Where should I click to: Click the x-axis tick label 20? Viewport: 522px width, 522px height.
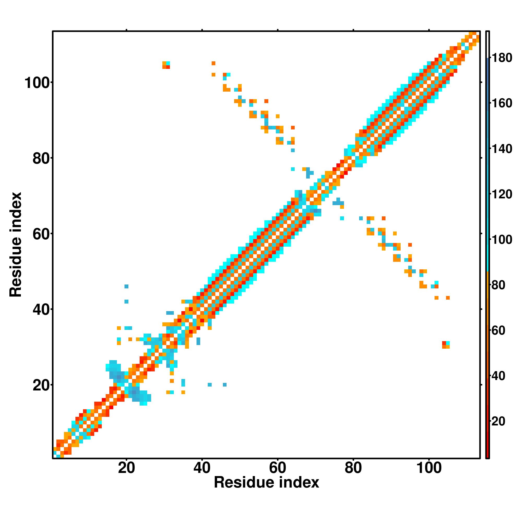(x=126, y=468)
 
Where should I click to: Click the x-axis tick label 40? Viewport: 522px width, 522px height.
(x=202, y=468)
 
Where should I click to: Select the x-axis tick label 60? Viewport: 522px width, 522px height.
(x=277, y=468)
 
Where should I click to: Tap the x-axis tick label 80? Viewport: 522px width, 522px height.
(x=353, y=468)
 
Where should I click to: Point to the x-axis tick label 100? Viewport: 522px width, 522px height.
(x=429, y=468)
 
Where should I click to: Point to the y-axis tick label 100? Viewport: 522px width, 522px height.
(x=38, y=83)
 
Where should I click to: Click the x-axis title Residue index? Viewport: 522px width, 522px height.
(x=266, y=483)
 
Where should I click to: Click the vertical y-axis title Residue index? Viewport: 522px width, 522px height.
(x=16, y=245)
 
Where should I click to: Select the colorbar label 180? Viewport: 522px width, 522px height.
(x=502, y=58)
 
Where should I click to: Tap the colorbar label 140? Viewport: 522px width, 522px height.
(x=502, y=149)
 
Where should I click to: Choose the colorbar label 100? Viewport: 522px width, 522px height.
(x=502, y=240)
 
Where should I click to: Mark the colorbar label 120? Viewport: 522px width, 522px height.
(x=502, y=194)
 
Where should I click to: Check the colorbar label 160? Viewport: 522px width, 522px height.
(x=502, y=103)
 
